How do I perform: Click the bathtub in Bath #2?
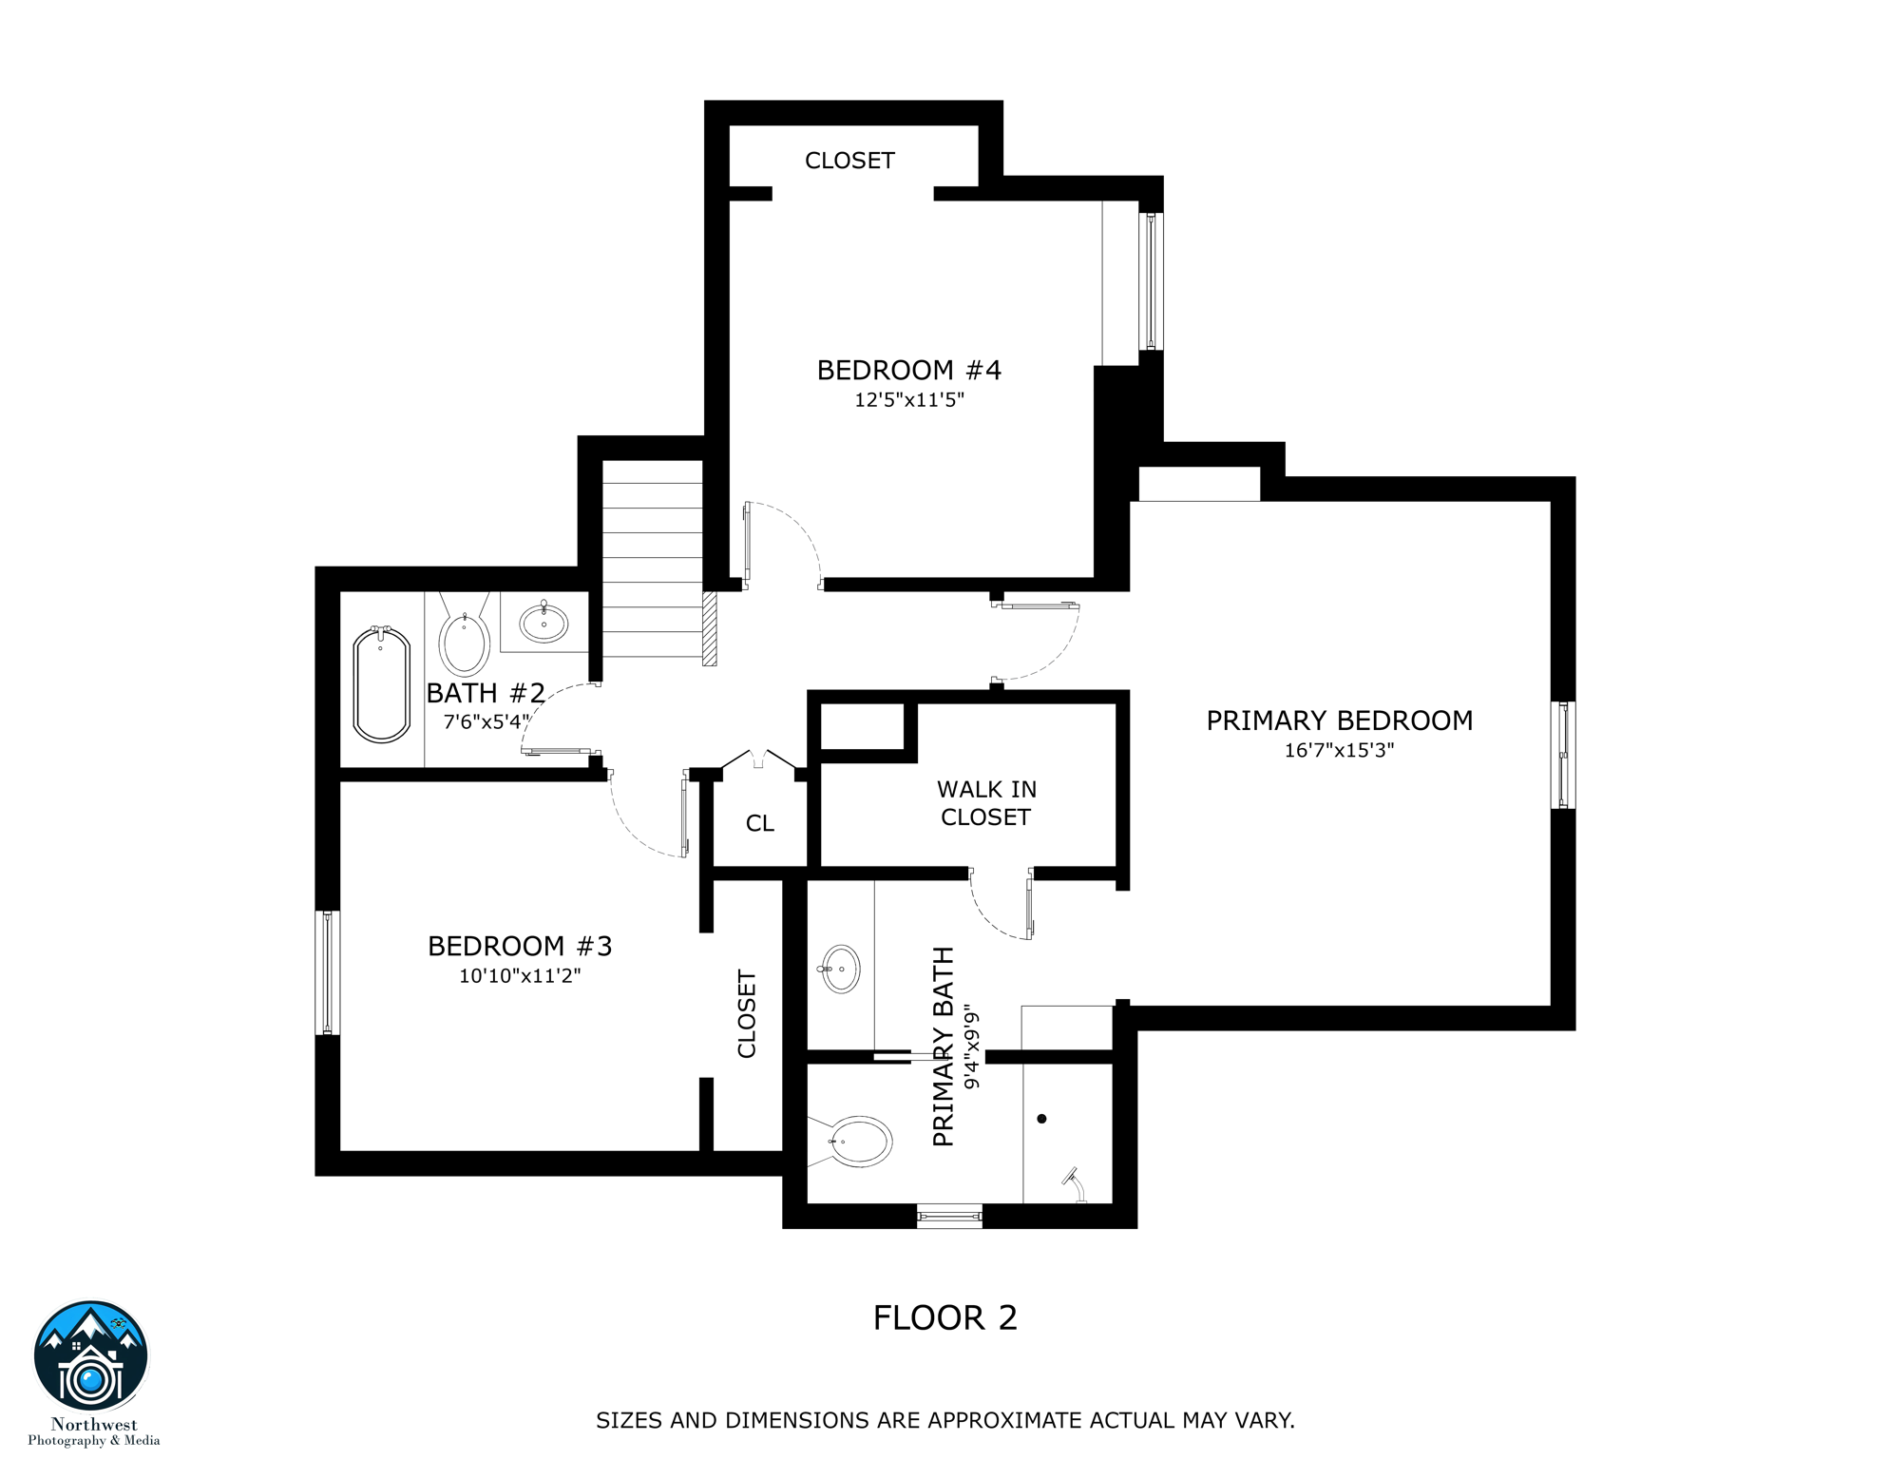tap(382, 683)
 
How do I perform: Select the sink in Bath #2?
tap(544, 623)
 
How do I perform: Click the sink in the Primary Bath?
tap(840, 969)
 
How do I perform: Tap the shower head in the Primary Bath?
tap(1075, 1182)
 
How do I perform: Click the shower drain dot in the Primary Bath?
tap(1042, 1119)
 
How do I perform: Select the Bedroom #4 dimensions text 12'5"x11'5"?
tap(909, 400)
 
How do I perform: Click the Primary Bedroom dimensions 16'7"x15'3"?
tap(1340, 751)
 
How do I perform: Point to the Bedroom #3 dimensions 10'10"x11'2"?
tap(520, 976)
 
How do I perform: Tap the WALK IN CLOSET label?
tap(986, 803)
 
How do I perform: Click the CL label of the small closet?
tap(760, 823)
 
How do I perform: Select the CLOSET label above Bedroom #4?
tap(849, 161)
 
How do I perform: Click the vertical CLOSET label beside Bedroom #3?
tap(747, 1014)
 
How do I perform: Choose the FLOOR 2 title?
tap(945, 1318)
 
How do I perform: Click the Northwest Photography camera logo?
tap(91, 1357)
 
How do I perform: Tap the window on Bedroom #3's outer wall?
tap(328, 972)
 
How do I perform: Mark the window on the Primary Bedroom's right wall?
tap(1563, 756)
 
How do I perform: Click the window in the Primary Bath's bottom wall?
tap(949, 1215)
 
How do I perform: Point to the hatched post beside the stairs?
tap(709, 628)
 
